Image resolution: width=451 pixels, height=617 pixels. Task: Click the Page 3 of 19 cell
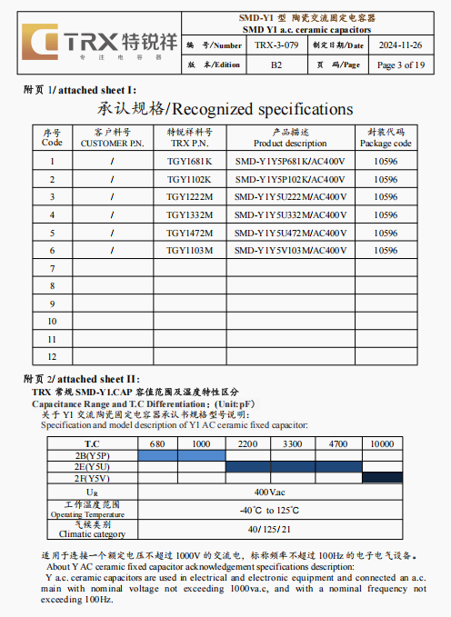point(400,65)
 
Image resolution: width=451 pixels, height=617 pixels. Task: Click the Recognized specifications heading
point(225,109)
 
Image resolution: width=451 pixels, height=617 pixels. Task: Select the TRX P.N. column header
point(189,137)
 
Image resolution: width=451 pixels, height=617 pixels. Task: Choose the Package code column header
point(386,137)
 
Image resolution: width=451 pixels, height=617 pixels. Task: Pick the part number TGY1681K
point(189,162)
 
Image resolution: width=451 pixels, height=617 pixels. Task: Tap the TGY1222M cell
point(189,197)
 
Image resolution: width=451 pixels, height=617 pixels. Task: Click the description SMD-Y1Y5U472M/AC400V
point(290,233)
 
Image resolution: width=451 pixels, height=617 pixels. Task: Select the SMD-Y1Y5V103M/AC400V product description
point(290,250)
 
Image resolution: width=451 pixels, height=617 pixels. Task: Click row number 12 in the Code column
point(52,356)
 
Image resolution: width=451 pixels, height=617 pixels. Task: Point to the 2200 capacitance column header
point(246,443)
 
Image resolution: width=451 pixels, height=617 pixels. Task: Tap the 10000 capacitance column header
point(382,443)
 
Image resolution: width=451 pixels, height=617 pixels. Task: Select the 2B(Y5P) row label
point(92,454)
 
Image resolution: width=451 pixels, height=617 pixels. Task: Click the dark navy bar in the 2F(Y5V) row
point(382,477)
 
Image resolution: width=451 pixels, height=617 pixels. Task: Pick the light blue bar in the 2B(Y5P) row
point(180,454)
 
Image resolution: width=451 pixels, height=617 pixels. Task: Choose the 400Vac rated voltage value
point(270,492)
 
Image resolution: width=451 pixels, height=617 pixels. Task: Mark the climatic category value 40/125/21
point(270,529)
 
